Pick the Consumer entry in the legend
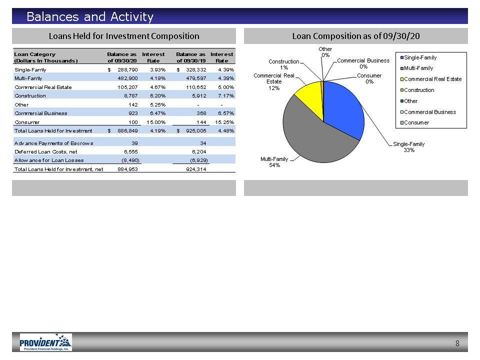(x=415, y=123)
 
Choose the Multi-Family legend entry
(x=416, y=68)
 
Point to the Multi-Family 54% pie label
(x=274, y=162)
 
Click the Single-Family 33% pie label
(x=409, y=147)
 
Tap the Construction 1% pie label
(x=284, y=64)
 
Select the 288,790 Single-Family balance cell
(x=127, y=70)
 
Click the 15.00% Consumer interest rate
(x=156, y=122)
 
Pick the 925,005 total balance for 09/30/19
(x=196, y=130)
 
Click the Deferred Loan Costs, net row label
(x=46, y=152)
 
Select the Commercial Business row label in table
(x=40, y=113)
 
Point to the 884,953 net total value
(x=127, y=169)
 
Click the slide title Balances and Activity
(x=90, y=16)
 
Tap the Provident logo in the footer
(x=46, y=342)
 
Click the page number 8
(x=457, y=343)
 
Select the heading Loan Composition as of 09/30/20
(x=356, y=36)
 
